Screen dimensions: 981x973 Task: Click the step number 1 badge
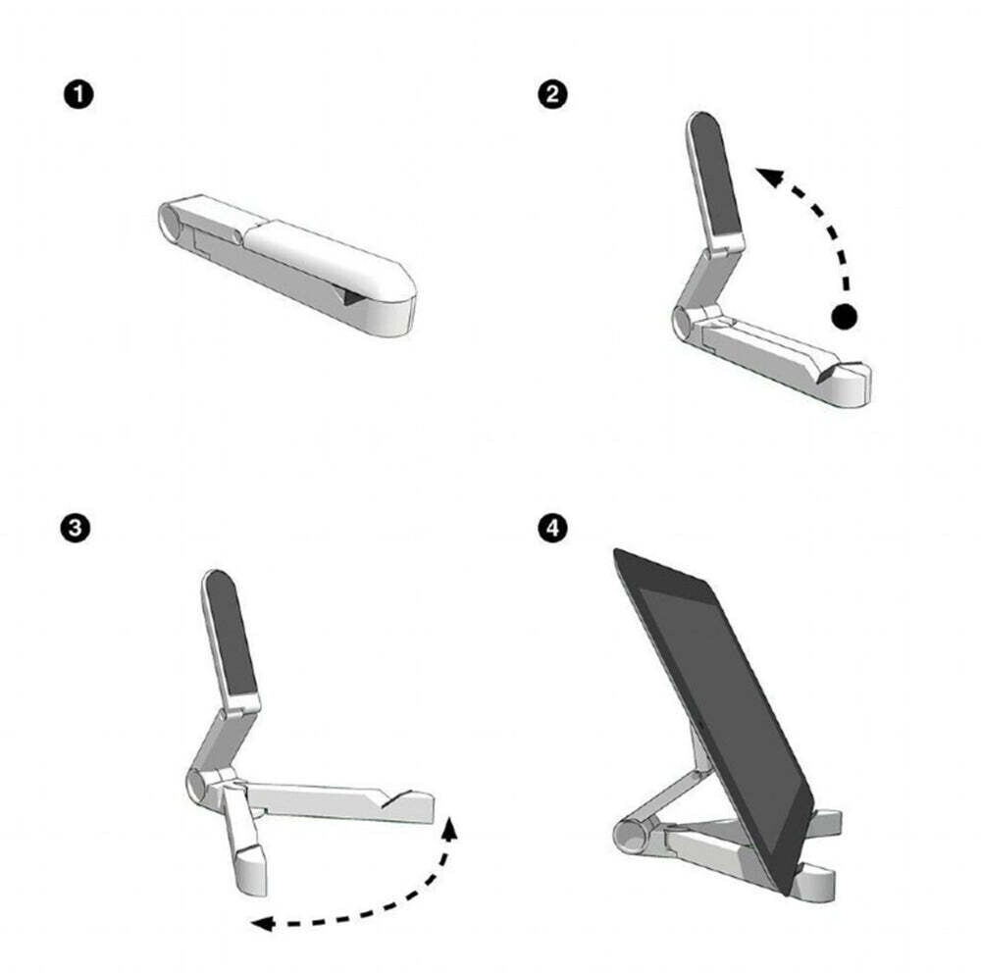78,95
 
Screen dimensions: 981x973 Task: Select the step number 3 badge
76,528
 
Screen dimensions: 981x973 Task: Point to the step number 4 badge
552,528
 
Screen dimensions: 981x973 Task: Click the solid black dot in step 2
844,317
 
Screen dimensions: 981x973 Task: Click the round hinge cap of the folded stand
169,222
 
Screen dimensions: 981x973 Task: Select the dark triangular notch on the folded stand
354,295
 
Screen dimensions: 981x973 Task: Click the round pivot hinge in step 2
682,324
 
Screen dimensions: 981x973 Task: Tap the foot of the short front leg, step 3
251,871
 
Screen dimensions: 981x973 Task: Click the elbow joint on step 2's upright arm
718,250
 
